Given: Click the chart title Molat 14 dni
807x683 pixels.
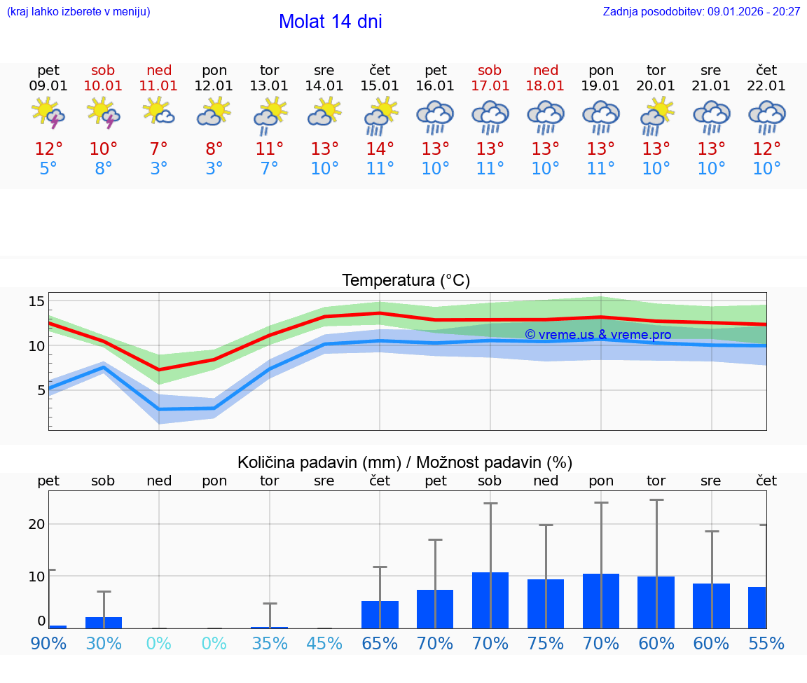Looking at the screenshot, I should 330,22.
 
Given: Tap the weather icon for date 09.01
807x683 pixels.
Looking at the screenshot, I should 48,113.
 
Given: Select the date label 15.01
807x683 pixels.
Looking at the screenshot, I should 380,86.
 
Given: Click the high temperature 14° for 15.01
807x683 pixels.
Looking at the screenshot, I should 380,149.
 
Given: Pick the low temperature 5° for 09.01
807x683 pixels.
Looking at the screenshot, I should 48,169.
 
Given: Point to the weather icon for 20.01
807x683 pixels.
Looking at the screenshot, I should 656,115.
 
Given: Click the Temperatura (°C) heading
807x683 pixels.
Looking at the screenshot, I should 406,281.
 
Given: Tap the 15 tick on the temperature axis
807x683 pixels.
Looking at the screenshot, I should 36,301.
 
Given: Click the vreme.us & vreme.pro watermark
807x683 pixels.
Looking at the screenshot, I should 598,335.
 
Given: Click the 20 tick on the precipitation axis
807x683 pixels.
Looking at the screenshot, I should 36,524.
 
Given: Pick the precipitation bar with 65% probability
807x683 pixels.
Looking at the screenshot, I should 380,614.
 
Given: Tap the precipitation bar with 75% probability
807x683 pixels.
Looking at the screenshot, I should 546,603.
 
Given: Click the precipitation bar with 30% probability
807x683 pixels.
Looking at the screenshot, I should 104,623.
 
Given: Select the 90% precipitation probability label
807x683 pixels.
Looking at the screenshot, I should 48,643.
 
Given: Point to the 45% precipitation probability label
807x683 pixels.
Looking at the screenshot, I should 324,643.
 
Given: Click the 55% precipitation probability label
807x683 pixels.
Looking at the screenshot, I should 766,643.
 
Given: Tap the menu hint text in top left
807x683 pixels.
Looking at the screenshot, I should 78,12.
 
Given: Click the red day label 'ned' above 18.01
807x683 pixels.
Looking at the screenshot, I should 546,70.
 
